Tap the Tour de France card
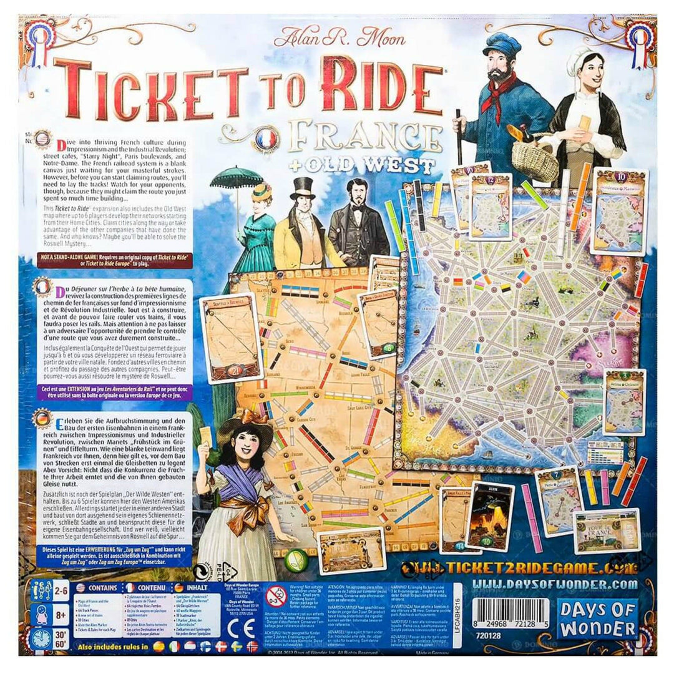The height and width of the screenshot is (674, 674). click(606, 531)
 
